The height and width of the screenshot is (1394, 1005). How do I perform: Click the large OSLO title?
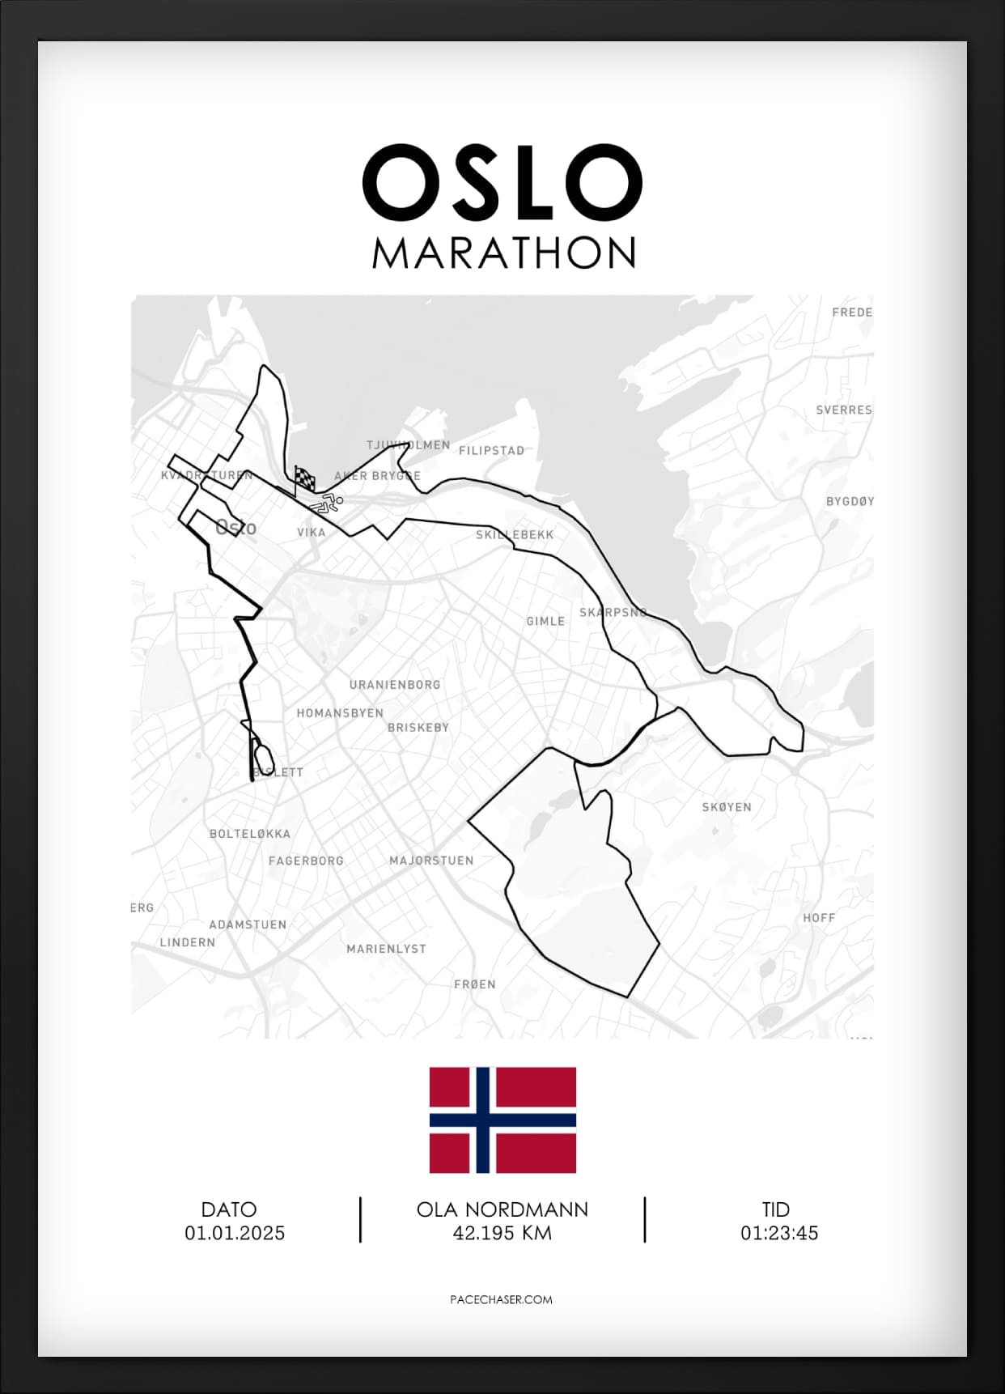coord(502,182)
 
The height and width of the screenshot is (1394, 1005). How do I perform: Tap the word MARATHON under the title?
coord(503,253)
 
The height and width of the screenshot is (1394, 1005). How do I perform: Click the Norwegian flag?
coord(502,1120)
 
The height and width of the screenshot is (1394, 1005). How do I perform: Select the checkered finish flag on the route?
coord(305,478)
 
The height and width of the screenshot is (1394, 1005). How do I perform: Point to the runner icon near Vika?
coord(327,505)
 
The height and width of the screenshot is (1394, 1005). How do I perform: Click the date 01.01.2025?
coord(235,1233)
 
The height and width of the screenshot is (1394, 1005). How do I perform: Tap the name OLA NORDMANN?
coord(502,1209)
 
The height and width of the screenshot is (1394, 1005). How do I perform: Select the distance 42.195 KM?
coord(502,1233)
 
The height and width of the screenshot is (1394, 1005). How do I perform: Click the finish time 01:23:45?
coord(779,1233)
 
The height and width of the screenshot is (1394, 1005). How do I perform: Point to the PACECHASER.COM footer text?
coord(501,1299)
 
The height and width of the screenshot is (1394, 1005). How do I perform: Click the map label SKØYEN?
coord(727,807)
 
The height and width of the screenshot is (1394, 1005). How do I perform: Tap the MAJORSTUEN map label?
coord(431,861)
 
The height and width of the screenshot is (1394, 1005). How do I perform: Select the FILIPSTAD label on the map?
coord(491,451)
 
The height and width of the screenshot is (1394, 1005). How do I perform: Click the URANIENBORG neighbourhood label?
coord(395,685)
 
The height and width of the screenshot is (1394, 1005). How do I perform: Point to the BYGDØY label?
coord(850,502)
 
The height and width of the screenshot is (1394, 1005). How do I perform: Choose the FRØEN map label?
coord(475,984)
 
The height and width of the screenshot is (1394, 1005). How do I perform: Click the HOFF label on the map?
coord(819,918)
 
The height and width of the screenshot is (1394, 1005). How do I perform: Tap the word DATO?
coord(229,1209)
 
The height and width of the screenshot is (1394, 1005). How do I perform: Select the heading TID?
coord(775,1209)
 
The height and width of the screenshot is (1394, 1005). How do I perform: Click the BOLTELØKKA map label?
coord(250,834)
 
